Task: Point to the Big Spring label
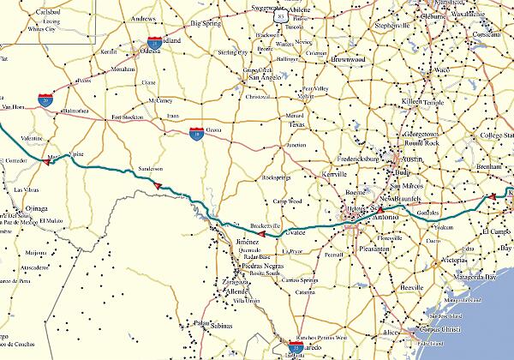tap(206, 25)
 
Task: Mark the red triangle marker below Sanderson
tap(158, 184)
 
